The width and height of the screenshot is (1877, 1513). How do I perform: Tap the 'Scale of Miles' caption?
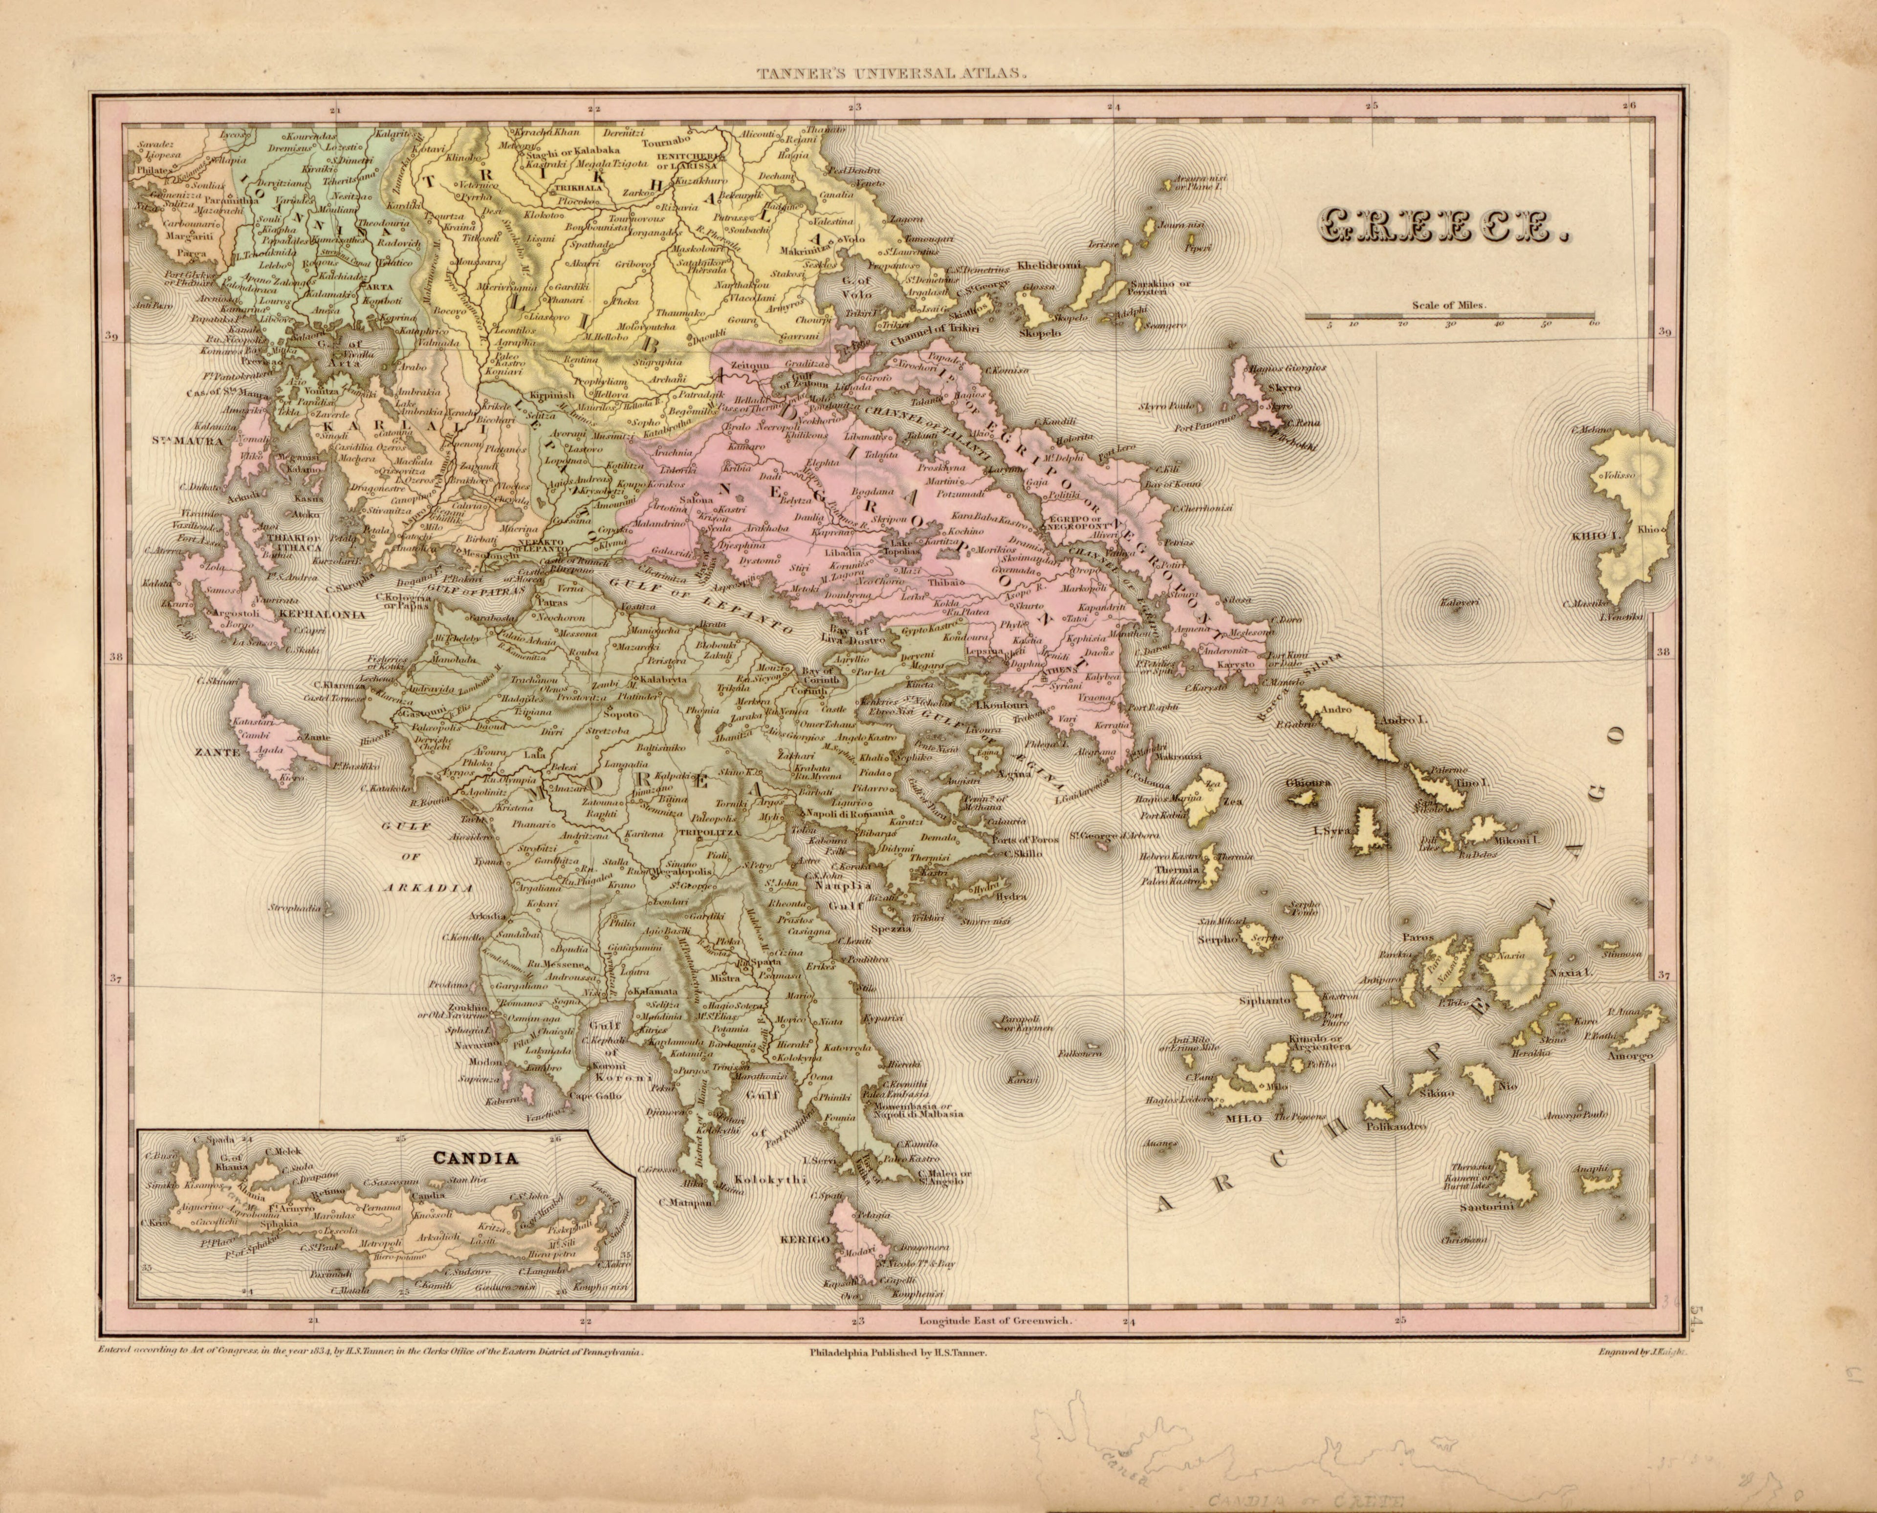(x=1449, y=306)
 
